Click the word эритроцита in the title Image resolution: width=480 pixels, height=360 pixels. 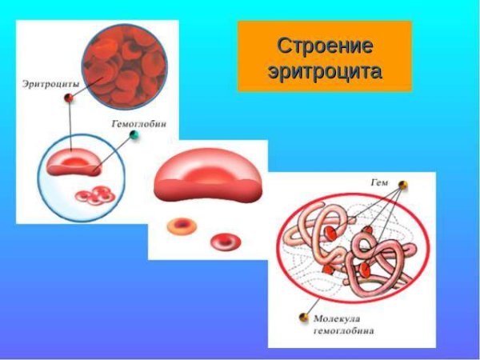click(324, 70)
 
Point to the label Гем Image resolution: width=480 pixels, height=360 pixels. click(379, 183)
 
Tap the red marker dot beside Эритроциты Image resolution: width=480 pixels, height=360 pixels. click(69, 98)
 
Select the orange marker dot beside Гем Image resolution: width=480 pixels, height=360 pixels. click(403, 186)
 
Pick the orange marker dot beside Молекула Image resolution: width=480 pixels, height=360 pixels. click(304, 317)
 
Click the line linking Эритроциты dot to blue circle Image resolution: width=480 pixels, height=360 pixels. click(70, 124)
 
